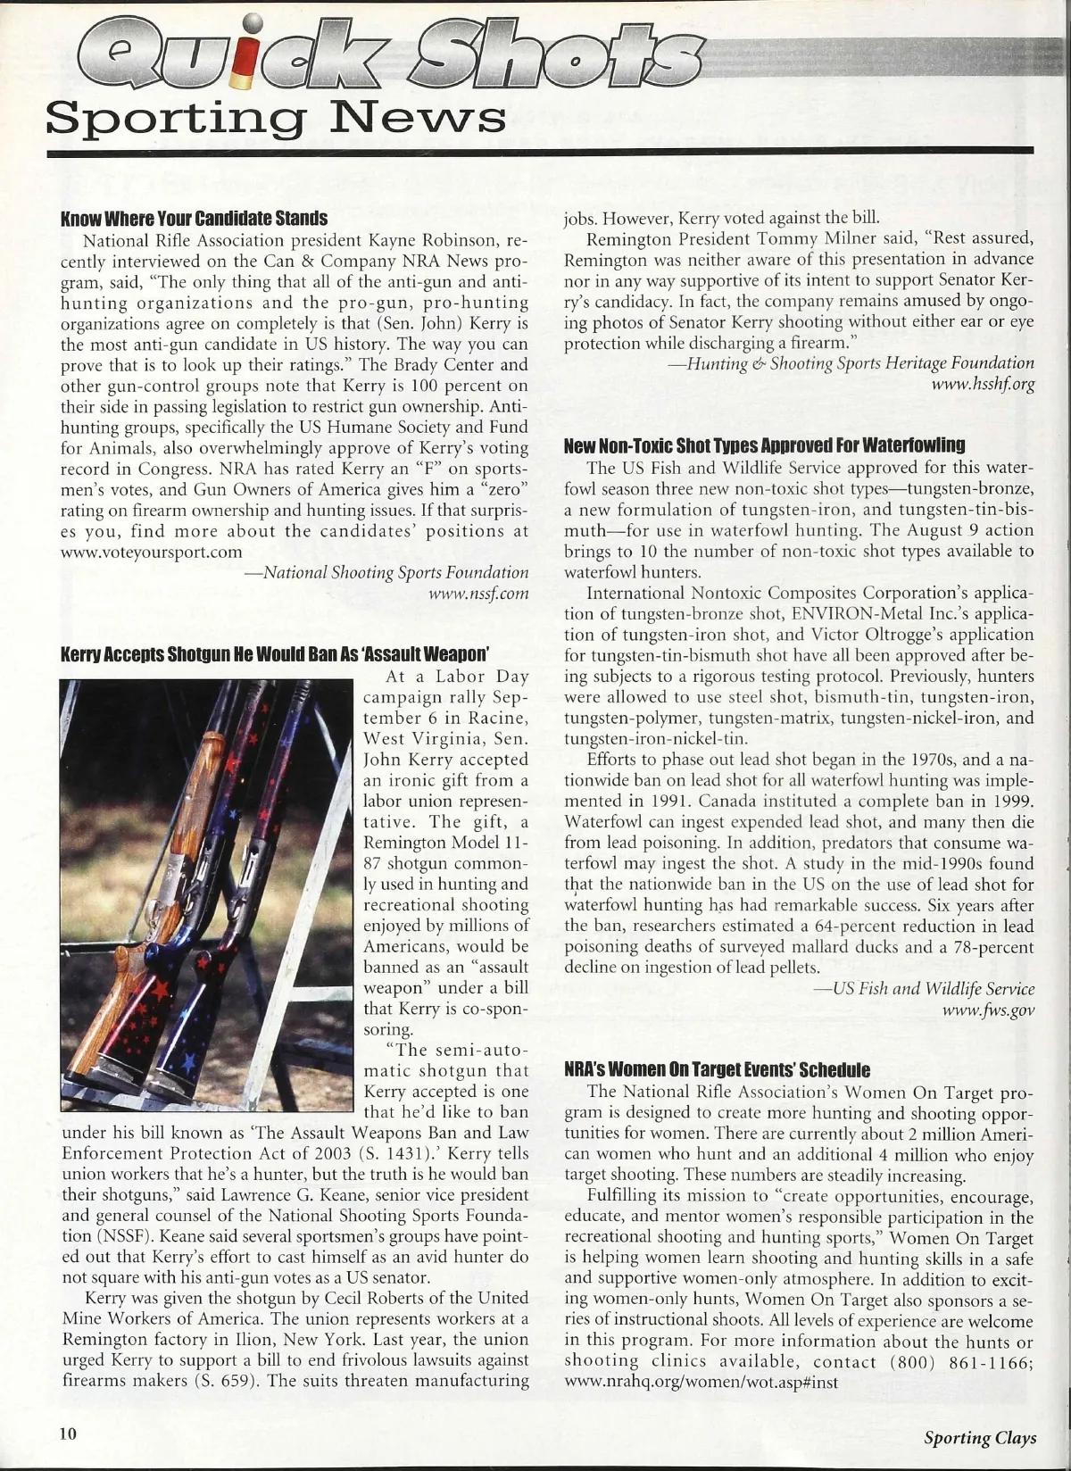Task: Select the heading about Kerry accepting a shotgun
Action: (x=277, y=653)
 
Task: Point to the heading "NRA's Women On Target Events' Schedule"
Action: (x=718, y=1069)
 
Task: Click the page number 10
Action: (x=69, y=1434)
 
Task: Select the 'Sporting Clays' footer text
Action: (x=980, y=1437)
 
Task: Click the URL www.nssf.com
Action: (x=479, y=593)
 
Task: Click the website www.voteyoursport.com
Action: (x=151, y=552)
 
